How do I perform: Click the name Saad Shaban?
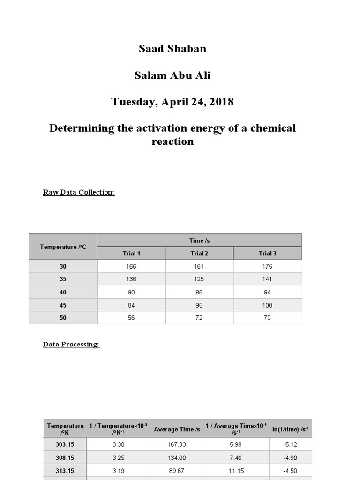coord(172,49)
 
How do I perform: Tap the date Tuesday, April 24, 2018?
coord(172,102)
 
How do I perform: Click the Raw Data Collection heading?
coord(79,192)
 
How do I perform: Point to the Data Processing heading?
coord(71,345)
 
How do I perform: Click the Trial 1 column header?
coord(131,253)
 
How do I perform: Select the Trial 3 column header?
coord(268,253)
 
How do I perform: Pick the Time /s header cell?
coord(199,240)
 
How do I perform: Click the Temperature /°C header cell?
coord(63,247)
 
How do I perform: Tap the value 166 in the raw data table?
coord(131,266)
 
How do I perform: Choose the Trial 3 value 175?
coord(268,266)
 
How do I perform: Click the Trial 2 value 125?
coord(199,279)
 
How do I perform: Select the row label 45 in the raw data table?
coord(63,305)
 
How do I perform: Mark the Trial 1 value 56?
coord(131,317)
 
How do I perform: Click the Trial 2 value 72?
coord(199,317)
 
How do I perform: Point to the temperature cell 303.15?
coord(65,444)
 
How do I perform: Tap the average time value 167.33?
coord(177,444)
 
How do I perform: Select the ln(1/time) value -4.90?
coord(291,457)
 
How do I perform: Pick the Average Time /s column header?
coord(177,429)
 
